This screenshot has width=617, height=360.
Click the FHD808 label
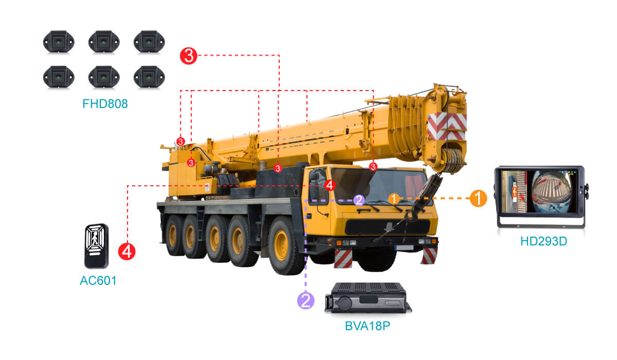[x=105, y=104]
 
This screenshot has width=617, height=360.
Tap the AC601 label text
[x=98, y=281]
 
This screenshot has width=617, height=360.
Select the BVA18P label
[x=368, y=326]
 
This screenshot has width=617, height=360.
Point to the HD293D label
[x=543, y=241]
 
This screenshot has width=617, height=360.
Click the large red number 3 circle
[x=189, y=56]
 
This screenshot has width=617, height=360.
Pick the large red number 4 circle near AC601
[x=126, y=251]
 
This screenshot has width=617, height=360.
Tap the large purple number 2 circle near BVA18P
[x=306, y=300]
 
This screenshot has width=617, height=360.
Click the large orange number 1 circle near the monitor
[x=478, y=198]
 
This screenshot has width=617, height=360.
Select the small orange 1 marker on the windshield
[x=394, y=199]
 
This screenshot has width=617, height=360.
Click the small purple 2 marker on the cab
[x=359, y=200]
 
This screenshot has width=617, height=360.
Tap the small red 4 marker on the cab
[x=330, y=185]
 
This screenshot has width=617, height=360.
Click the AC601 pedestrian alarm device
[x=96, y=246]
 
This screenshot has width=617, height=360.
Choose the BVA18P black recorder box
[x=368, y=298]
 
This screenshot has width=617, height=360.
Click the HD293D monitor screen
[x=540, y=192]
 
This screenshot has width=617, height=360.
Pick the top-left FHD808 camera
[x=59, y=42]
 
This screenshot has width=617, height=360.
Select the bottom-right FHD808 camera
[x=149, y=77]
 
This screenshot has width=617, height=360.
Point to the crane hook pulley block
[x=452, y=160]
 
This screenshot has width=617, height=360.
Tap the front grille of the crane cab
[x=388, y=227]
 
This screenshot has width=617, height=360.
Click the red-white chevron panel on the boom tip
[x=447, y=127]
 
